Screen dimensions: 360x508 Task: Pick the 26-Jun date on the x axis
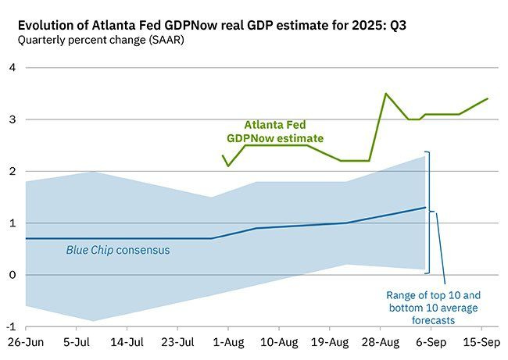[x=25, y=342]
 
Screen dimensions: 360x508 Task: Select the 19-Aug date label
[x=329, y=342]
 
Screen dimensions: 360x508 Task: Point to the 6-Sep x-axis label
[x=429, y=342]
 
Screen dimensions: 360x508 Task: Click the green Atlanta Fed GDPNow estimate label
[x=275, y=130]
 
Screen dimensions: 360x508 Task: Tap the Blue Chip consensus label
[x=117, y=251]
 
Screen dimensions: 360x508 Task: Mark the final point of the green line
[x=488, y=98]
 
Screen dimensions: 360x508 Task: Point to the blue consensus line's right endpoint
[x=425, y=208]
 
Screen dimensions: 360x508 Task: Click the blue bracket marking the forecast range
[x=431, y=211]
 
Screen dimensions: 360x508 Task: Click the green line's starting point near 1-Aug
[x=223, y=155]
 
